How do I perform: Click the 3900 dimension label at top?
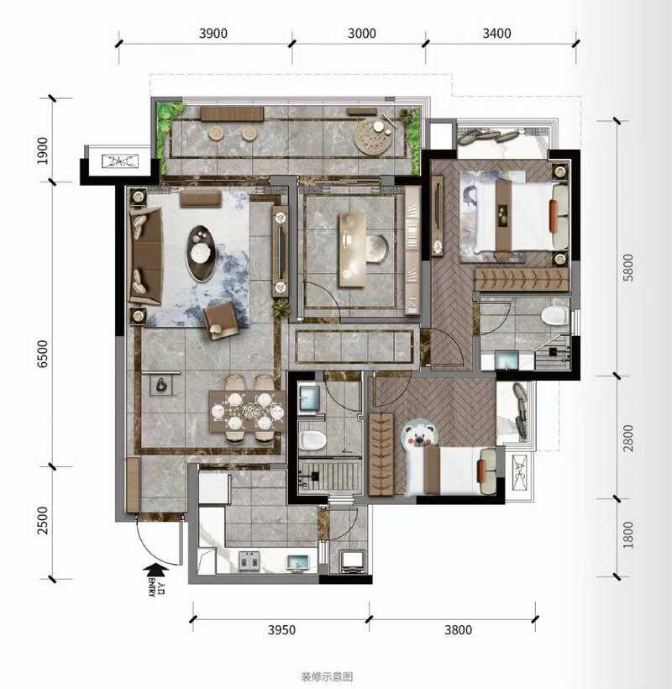213,34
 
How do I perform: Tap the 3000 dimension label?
361,34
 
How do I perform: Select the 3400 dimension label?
496,34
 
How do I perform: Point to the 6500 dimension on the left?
43,355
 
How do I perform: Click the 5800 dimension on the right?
628,267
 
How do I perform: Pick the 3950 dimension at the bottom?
281,629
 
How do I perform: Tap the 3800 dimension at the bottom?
458,629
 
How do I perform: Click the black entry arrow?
155,571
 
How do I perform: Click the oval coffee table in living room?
202,253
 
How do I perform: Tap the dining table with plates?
247,411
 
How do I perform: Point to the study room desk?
352,249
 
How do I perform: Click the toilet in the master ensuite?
554,315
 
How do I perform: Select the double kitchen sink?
249,561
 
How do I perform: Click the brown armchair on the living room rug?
221,320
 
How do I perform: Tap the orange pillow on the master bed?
554,216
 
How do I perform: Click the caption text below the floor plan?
327,676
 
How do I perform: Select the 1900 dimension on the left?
43,150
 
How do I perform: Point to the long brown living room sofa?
146,255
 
